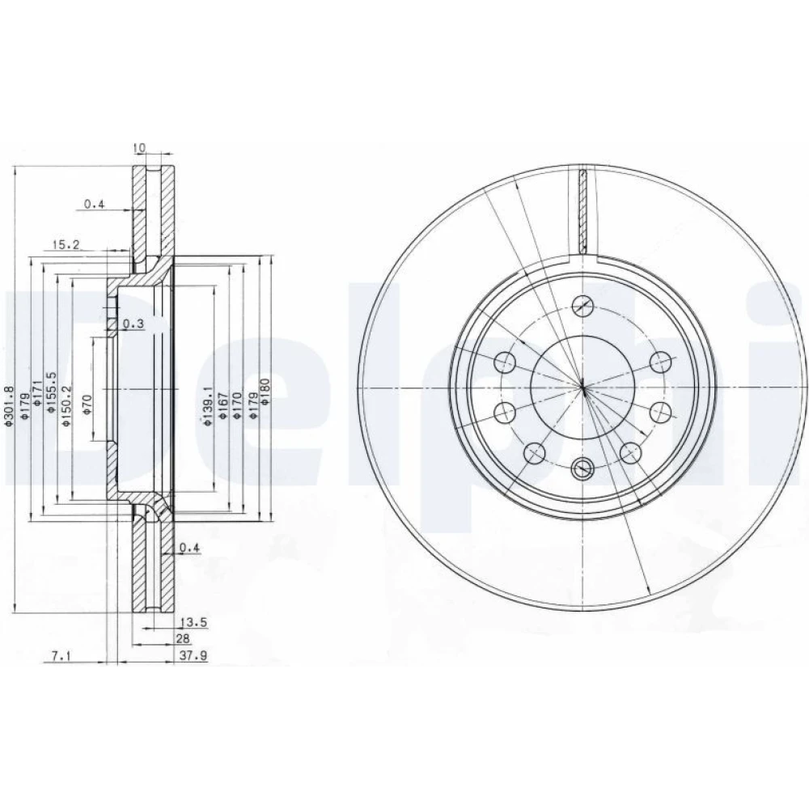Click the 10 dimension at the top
pos(139,148)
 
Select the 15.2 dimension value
pos(66,244)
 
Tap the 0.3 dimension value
pos(133,324)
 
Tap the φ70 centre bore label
pos(87,404)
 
